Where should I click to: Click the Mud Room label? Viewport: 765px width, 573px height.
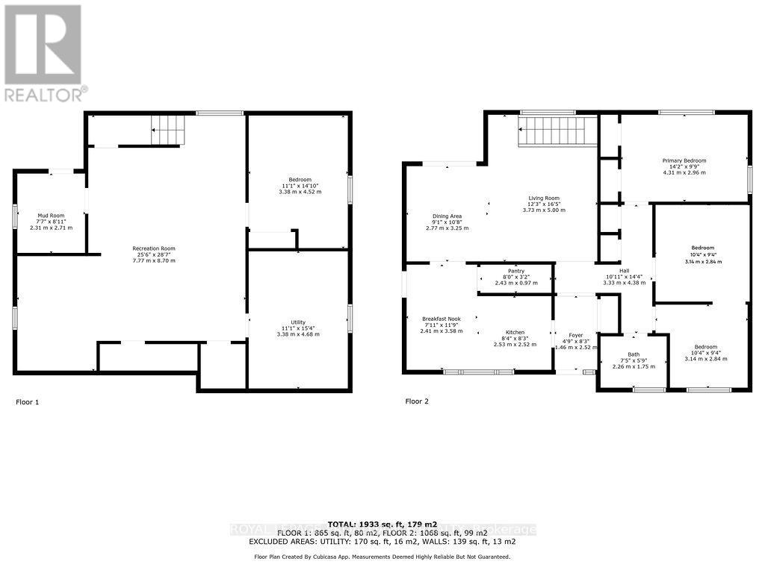(x=52, y=215)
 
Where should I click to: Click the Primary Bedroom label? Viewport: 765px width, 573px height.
(x=684, y=160)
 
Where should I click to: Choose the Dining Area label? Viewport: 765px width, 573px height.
(x=447, y=216)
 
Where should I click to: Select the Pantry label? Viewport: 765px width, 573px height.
(x=515, y=271)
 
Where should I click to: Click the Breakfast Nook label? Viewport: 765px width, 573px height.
(x=441, y=319)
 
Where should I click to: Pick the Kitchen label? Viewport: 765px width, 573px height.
(x=515, y=332)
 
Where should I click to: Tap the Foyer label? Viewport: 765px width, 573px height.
(x=575, y=335)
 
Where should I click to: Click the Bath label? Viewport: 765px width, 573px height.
(x=634, y=354)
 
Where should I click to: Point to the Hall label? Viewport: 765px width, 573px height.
(x=625, y=272)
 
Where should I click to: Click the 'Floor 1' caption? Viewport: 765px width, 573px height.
(x=27, y=402)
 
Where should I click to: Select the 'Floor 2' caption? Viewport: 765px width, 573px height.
(x=417, y=401)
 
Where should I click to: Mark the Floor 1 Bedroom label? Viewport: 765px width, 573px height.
(x=300, y=180)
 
